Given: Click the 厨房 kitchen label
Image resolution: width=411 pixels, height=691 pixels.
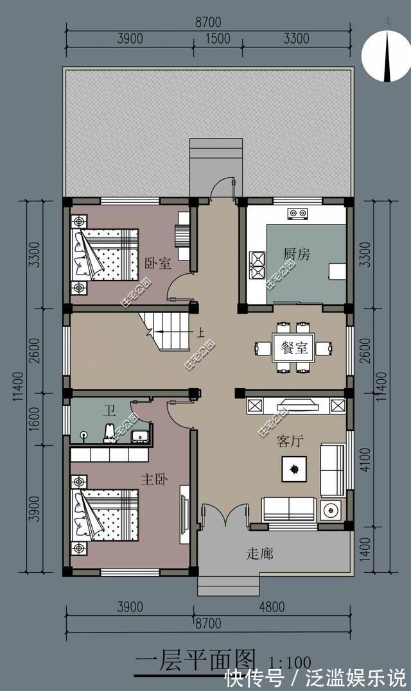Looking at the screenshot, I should (297, 254).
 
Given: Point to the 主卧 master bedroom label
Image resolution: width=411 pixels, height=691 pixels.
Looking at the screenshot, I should (154, 479).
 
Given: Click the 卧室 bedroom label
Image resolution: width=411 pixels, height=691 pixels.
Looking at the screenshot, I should (157, 263).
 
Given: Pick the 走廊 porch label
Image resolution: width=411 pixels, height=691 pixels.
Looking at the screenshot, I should (259, 553).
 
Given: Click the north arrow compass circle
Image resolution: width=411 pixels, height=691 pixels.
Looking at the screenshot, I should (386, 56).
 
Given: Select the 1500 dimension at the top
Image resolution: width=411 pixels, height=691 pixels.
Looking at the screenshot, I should (218, 39).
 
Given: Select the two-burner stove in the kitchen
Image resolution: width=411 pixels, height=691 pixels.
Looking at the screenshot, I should (296, 212).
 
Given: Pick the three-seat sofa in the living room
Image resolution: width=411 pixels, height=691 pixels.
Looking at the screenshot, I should (288, 509).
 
